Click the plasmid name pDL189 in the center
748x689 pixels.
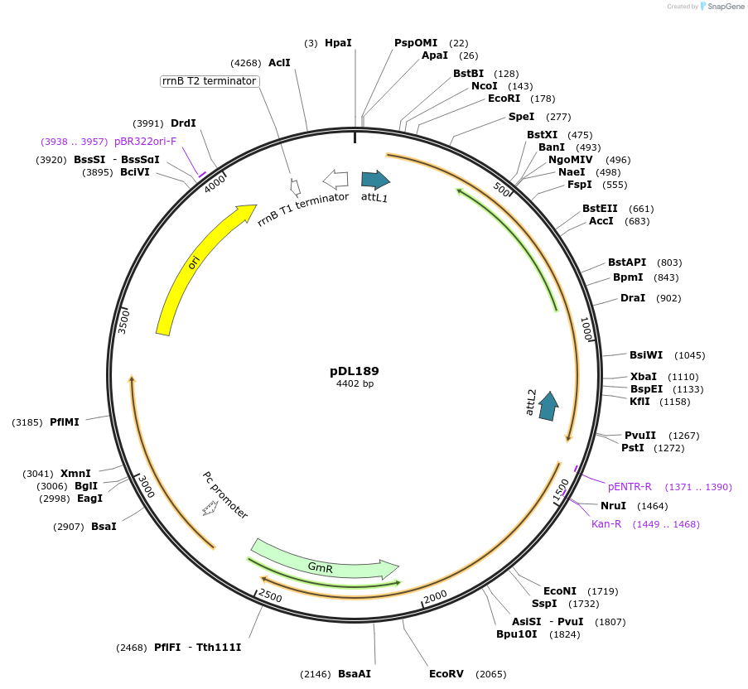[355, 371]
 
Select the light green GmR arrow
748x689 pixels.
[323, 562]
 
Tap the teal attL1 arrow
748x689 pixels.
[375, 180]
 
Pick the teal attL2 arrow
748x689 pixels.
[548, 406]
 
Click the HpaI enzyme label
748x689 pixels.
[338, 42]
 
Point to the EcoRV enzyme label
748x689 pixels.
[446, 673]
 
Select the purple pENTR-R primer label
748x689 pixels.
[630, 487]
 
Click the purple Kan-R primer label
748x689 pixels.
[606, 523]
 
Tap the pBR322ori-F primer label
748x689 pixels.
[145, 141]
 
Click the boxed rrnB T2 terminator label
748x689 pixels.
[210, 81]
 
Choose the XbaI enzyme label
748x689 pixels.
[643, 376]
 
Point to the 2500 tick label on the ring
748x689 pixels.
[270, 595]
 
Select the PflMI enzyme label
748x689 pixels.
[65, 422]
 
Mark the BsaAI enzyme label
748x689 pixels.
[355, 673]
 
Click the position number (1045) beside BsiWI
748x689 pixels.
[689, 355]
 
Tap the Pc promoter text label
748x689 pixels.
[225, 495]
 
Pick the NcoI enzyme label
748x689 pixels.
[485, 85]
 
